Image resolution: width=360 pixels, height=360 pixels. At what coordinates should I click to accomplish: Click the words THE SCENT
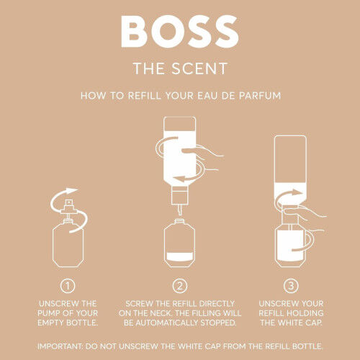179,69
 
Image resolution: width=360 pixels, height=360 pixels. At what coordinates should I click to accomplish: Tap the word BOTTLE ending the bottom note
303,346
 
